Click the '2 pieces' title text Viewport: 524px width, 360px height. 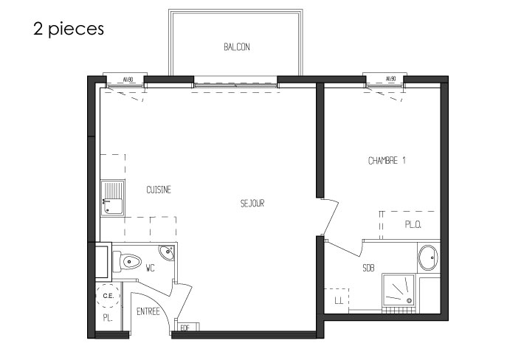pyautogui.click(x=69, y=29)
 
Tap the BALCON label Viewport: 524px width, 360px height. pyautogui.click(x=237, y=47)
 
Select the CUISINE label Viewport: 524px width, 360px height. pyautogui.click(x=159, y=190)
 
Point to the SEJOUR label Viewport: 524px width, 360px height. pyautogui.click(x=252, y=203)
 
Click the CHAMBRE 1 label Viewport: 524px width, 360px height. pyautogui.click(x=387, y=161)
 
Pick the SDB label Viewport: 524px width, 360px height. pyautogui.click(x=368, y=268)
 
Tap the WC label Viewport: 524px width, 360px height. pyautogui.click(x=151, y=268)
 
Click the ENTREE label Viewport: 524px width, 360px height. pyautogui.click(x=148, y=311)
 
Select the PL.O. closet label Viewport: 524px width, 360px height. pyautogui.click(x=413, y=225)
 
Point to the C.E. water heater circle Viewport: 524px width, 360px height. pyautogui.click(x=108, y=296)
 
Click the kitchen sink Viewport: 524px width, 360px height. pyautogui.click(x=113, y=198)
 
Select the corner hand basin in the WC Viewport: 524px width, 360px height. pyautogui.click(x=166, y=252)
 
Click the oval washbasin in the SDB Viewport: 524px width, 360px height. pyautogui.click(x=428, y=257)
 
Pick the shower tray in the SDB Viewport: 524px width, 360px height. pyautogui.click(x=399, y=290)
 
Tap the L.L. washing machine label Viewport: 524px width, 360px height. pyautogui.click(x=339, y=301)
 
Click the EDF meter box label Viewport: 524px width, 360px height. pyautogui.click(x=185, y=328)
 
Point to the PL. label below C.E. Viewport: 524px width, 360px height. pyautogui.click(x=108, y=318)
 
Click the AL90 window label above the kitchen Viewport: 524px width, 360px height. pyautogui.click(x=128, y=80)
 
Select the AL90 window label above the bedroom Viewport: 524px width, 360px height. pyautogui.click(x=390, y=79)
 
